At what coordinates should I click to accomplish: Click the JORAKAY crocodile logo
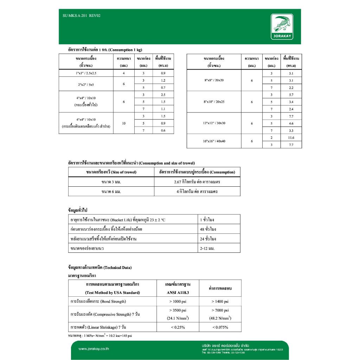(282, 27)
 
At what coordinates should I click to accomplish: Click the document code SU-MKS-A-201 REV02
(81, 16)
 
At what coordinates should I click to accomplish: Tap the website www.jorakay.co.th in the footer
(94, 349)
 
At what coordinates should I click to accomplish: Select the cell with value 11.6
(291, 137)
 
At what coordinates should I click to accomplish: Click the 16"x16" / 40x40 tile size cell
(214, 141)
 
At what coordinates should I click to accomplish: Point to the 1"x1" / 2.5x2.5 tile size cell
(86, 73)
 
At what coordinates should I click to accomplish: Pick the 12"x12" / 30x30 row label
(214, 123)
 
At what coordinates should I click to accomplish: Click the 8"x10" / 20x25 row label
(214, 102)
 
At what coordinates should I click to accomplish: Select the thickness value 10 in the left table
(124, 123)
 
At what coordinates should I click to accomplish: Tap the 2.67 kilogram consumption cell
(197, 182)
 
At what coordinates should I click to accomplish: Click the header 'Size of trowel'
(111, 172)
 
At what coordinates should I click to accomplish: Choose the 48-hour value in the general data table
(208, 229)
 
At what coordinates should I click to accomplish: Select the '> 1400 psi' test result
(220, 301)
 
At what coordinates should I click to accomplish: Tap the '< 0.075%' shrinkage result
(220, 327)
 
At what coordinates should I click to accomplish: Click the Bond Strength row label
(98, 301)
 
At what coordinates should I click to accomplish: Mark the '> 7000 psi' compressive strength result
(220, 310)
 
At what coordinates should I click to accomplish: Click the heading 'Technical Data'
(99, 268)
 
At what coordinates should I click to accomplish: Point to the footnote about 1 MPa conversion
(100, 336)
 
